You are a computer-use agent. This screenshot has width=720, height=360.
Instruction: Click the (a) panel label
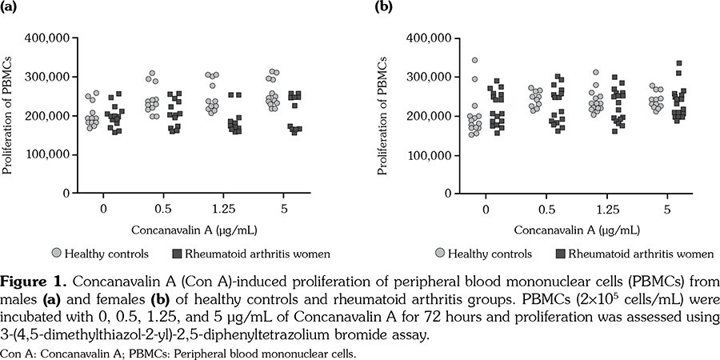pos(10,9)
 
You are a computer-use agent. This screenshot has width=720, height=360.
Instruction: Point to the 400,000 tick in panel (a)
pos(49,38)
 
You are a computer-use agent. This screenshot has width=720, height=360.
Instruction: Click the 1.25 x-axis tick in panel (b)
pos(594,210)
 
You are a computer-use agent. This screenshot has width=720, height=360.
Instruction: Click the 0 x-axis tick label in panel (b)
pos(486,210)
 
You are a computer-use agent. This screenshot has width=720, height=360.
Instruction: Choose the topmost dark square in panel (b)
pos(679,63)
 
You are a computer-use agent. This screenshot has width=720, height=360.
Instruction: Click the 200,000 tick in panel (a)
pos(49,116)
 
